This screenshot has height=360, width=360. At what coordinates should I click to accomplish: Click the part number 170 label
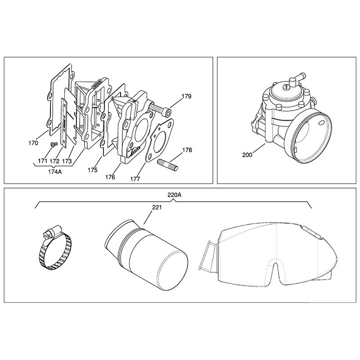(33, 143)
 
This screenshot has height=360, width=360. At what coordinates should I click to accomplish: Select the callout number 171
(43, 161)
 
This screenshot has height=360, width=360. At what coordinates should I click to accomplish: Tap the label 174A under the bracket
(55, 171)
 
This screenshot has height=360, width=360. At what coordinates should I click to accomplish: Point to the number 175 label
(93, 170)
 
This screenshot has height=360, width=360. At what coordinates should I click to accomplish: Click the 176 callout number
(110, 177)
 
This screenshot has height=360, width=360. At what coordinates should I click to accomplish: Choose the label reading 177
(135, 179)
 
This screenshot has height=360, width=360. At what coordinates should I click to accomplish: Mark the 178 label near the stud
(187, 150)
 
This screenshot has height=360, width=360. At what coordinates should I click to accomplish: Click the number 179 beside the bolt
(186, 96)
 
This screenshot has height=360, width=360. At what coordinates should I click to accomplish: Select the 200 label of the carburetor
(247, 155)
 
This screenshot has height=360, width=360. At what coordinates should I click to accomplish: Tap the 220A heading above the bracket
(174, 195)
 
